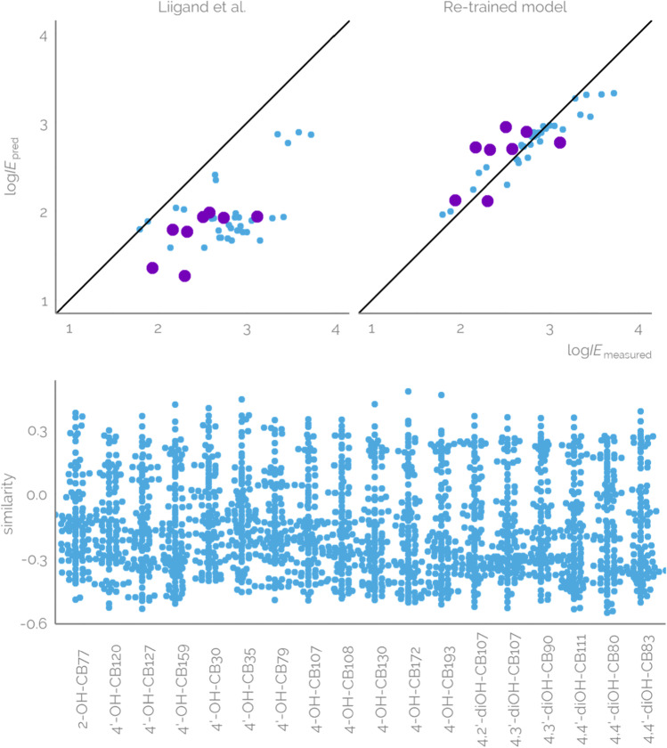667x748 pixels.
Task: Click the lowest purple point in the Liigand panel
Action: click(185, 275)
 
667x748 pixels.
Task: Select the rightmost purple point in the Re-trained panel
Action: click(560, 142)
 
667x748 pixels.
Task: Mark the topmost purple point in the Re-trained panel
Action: click(506, 127)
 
